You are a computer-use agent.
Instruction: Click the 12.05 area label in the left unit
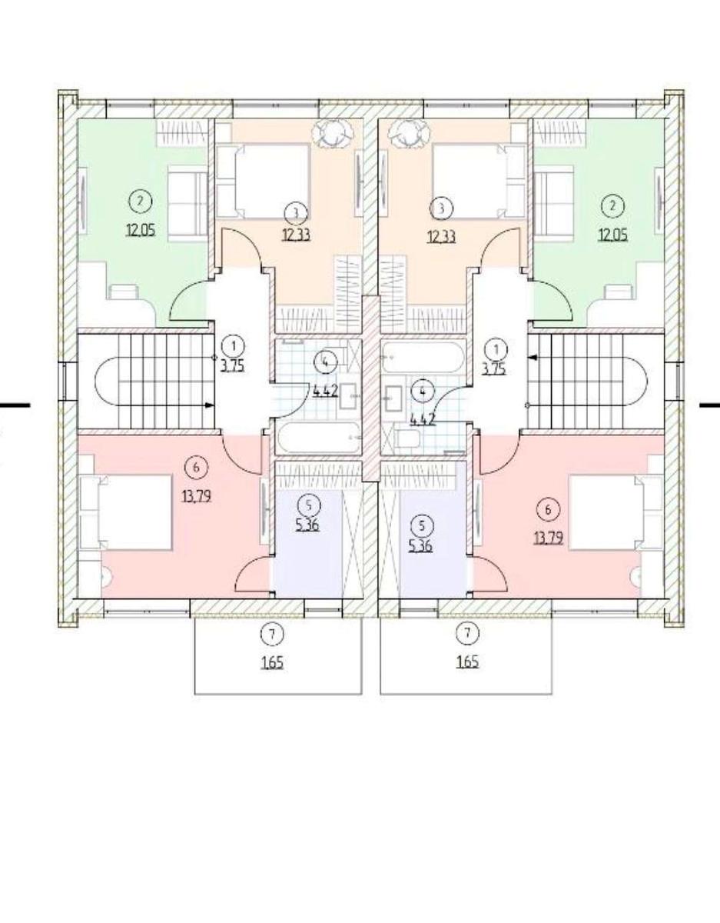[141, 230]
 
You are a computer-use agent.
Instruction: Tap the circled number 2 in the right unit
[612, 206]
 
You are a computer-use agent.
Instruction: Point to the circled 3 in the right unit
[442, 208]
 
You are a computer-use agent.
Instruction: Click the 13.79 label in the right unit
[549, 538]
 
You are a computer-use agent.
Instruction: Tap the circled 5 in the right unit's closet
[421, 526]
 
